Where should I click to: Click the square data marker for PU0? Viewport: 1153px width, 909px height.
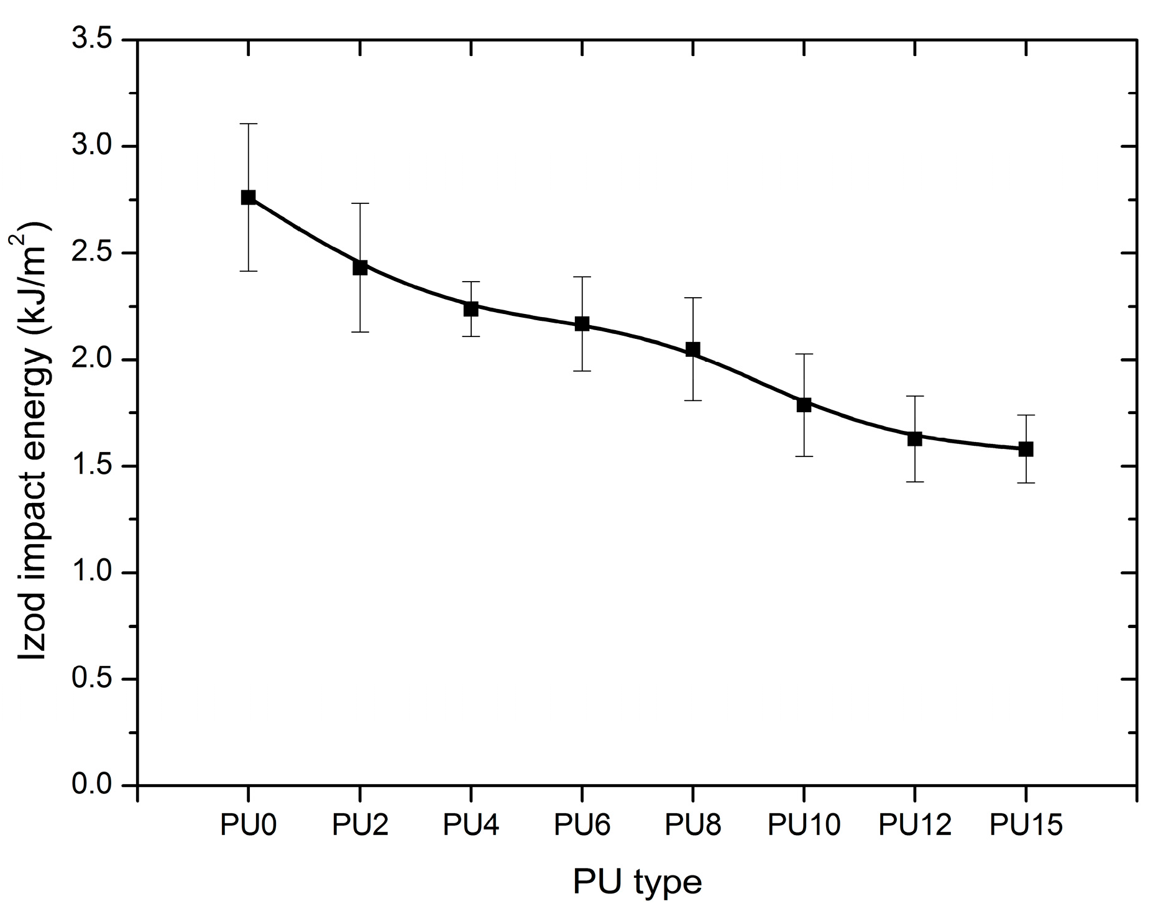click(x=248, y=197)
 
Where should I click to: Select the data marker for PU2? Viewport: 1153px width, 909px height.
click(x=360, y=267)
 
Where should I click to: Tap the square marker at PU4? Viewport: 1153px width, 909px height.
click(x=471, y=308)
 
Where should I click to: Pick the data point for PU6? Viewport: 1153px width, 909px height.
click(x=582, y=323)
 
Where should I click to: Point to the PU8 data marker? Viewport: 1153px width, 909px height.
click(x=692, y=349)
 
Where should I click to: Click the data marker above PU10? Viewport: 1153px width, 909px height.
click(x=804, y=405)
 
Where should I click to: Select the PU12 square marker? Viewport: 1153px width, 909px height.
click(x=914, y=438)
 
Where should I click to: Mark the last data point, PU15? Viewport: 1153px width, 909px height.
click(x=1026, y=449)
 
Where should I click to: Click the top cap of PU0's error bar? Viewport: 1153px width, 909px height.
click(x=248, y=124)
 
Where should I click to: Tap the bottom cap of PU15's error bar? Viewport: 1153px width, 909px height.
click(x=1026, y=482)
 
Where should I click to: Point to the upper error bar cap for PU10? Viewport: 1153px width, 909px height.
click(x=804, y=354)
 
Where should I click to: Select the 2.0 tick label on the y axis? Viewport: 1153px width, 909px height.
click(x=92, y=359)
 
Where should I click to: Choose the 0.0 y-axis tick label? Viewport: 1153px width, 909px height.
click(x=92, y=785)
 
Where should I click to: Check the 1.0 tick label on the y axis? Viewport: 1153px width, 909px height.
click(x=92, y=572)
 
